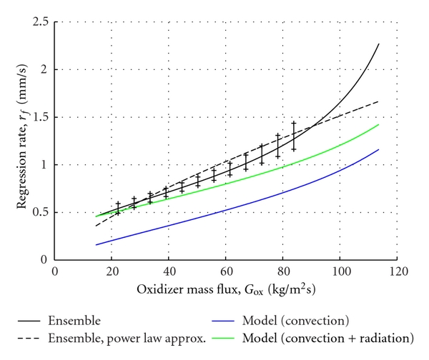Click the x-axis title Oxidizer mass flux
[x=225, y=291]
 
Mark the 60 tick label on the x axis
[x=226, y=271]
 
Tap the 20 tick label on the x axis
[x=112, y=271]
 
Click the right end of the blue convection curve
[x=378, y=149]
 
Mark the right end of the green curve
[x=378, y=124]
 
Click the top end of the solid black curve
[x=378, y=44]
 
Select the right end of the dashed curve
[x=378, y=101]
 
